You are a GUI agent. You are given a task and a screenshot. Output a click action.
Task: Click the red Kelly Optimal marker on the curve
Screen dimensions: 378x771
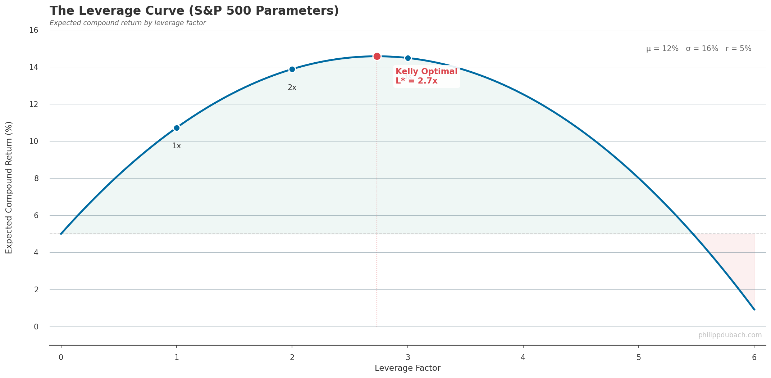pos(377,56)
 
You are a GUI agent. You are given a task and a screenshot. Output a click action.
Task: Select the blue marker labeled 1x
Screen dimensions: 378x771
pos(177,128)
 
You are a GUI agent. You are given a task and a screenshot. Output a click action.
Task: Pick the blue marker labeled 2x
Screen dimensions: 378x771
pos(292,69)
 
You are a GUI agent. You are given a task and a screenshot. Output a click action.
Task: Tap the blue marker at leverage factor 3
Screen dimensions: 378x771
pos(408,58)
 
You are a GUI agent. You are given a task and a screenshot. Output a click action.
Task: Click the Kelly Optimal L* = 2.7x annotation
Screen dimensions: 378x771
pos(426,76)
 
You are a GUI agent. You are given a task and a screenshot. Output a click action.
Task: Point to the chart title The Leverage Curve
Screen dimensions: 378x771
pos(194,11)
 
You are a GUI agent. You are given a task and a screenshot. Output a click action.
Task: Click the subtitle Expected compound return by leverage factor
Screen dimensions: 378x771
pos(128,23)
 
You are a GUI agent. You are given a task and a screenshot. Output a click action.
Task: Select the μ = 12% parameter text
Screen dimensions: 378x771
pos(662,49)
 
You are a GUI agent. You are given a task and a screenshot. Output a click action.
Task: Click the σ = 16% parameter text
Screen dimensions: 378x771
pos(702,49)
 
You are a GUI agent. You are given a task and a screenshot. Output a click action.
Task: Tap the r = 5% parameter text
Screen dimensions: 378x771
pos(738,49)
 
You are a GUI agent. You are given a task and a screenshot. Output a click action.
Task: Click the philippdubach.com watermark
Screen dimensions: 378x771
pos(730,335)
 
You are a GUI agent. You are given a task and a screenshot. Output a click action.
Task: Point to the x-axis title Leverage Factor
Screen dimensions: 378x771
pos(407,368)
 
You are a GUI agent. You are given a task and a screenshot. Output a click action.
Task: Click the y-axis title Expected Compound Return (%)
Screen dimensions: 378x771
pos(9,187)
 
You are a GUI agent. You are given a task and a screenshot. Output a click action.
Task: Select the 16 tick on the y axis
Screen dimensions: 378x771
pos(34,30)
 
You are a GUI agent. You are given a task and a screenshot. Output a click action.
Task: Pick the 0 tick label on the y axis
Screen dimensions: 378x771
pos(36,327)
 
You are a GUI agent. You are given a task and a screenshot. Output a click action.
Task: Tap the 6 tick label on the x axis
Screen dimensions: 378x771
pos(754,357)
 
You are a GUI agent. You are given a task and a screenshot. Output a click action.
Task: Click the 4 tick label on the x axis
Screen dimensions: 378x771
pos(523,357)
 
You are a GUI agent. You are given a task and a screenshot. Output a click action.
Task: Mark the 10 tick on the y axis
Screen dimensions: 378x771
pos(34,141)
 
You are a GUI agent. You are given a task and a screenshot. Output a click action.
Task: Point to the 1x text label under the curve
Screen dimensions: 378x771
pos(177,146)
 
